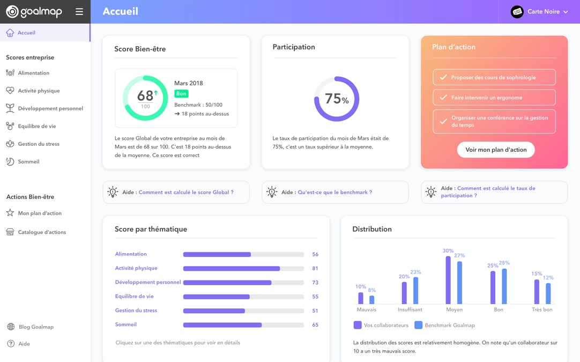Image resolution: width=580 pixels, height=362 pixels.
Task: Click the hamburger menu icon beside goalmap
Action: [79, 12]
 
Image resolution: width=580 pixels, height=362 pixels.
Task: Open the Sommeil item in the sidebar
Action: [28, 162]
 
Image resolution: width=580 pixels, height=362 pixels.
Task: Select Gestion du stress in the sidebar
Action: [39, 144]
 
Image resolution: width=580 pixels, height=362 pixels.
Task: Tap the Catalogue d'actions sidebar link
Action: [42, 232]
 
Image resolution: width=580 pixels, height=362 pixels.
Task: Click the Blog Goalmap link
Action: [36, 327]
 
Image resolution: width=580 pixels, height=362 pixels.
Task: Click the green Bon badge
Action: [181, 94]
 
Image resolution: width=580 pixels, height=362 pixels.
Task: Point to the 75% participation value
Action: [337, 99]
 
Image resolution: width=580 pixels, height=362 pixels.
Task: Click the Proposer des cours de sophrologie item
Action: [494, 77]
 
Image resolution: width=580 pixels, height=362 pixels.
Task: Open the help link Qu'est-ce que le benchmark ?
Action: [334, 192]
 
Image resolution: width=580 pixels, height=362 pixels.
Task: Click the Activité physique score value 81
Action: [315, 268]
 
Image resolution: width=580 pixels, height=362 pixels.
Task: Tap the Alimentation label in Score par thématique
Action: [131, 254]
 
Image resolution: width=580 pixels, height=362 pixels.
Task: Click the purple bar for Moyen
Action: [448, 280]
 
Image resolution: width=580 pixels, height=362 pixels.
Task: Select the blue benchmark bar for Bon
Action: [504, 286]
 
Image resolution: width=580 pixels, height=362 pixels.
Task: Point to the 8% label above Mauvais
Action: [372, 290]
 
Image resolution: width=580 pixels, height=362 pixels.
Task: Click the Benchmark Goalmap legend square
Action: [418, 325]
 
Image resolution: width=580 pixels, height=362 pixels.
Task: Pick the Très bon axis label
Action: [542, 309]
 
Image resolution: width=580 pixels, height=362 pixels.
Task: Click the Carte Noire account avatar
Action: [517, 12]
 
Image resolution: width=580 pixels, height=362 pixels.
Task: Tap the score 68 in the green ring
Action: [145, 96]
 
